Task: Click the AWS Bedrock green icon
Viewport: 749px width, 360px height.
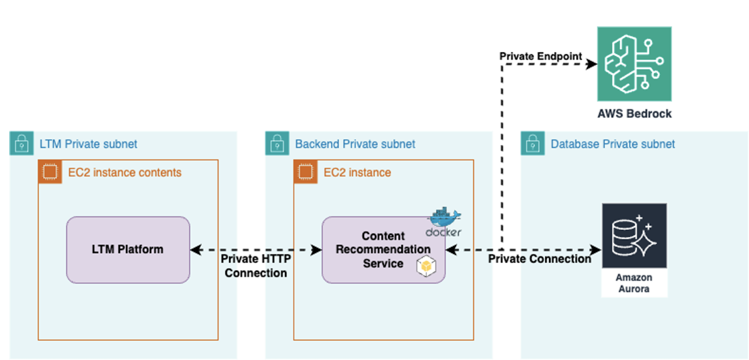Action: coord(634,64)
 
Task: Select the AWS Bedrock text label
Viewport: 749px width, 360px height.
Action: coord(634,114)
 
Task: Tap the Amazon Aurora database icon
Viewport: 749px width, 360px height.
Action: coord(634,236)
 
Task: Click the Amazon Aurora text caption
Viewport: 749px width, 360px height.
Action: coord(634,283)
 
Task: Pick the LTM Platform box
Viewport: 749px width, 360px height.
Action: coord(128,249)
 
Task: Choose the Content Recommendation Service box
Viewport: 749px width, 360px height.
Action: coord(383,249)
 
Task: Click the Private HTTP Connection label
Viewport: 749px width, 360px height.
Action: coord(255,266)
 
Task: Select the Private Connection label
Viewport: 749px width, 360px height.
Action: coord(539,259)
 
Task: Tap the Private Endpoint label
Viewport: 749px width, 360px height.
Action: coord(540,57)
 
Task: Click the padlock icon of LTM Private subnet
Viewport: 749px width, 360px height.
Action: coord(21,144)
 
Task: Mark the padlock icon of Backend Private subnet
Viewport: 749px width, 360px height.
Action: coord(277,144)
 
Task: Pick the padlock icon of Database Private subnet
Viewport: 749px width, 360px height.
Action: coord(532,144)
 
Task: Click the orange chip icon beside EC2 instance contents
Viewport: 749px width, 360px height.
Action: coord(50,172)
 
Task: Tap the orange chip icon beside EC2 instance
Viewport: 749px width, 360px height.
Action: coord(305,172)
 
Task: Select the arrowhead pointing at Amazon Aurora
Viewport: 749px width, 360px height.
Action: coord(596,249)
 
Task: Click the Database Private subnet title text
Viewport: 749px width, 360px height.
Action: coord(613,144)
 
